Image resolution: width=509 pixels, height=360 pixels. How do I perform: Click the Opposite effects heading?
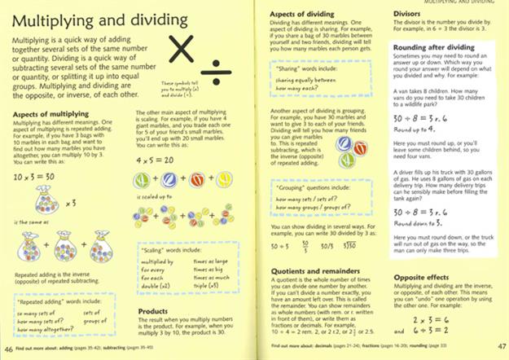click(x=423, y=276)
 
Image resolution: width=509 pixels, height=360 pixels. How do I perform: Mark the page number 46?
click(x=7, y=350)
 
